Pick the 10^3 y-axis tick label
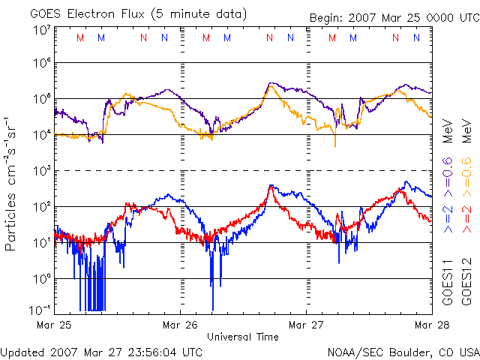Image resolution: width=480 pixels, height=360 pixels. tap(42, 170)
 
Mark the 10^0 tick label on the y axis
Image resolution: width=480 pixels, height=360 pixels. tap(42, 278)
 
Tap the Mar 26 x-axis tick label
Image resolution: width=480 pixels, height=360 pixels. tap(181, 325)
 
